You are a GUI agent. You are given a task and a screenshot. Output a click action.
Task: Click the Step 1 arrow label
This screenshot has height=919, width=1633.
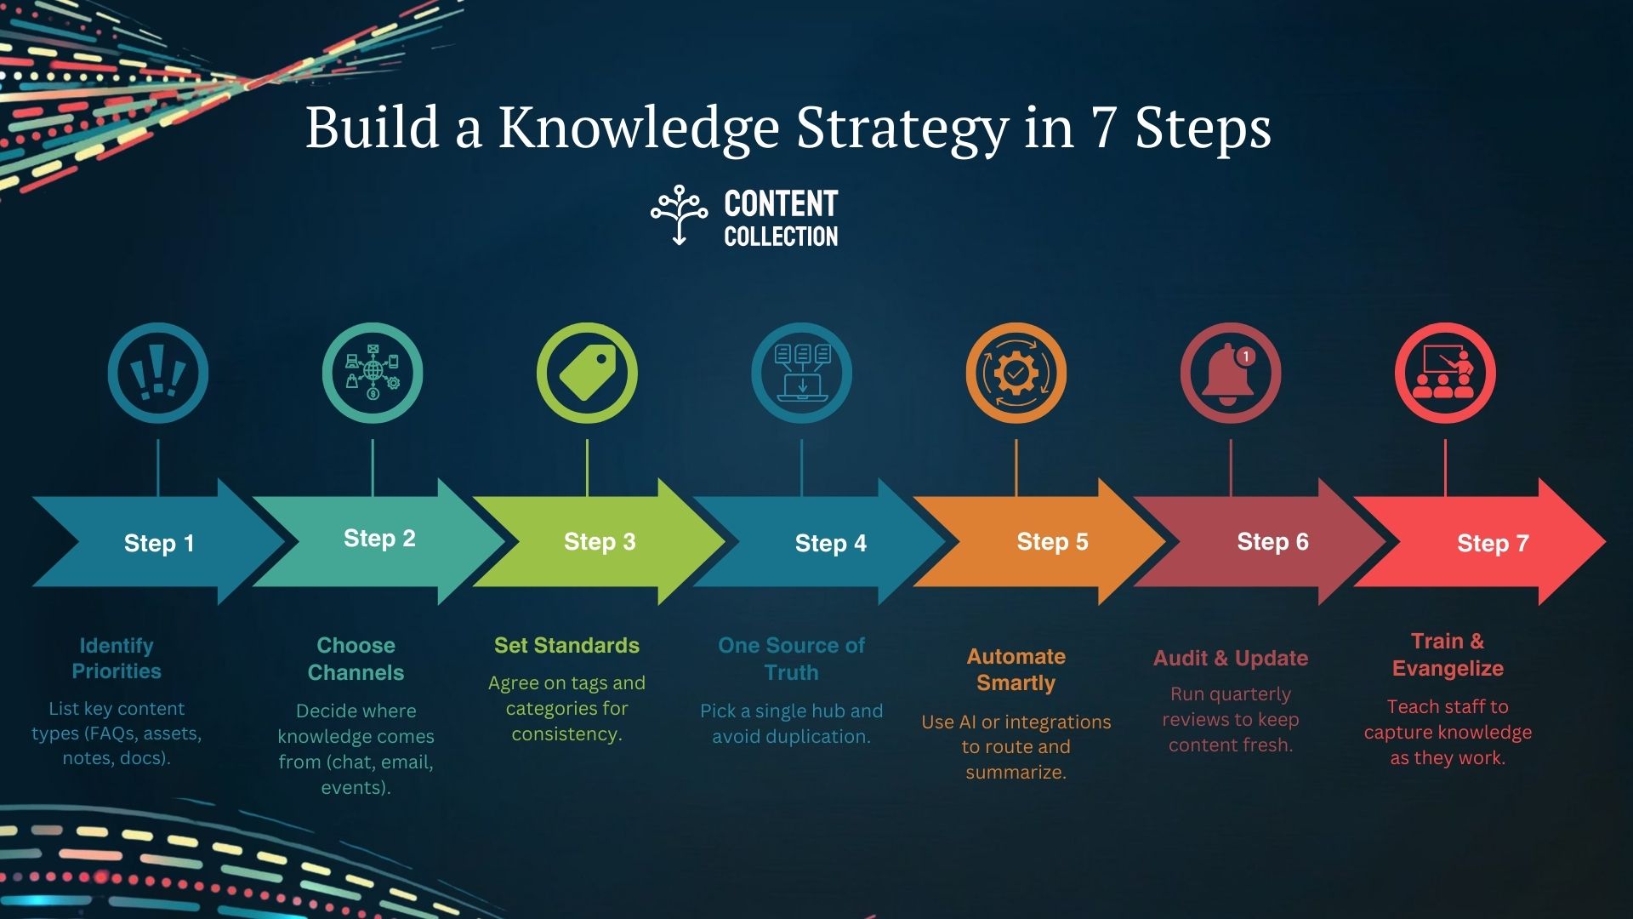[159, 543]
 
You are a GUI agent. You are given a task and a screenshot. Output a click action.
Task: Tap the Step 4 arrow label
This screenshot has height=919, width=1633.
[830, 543]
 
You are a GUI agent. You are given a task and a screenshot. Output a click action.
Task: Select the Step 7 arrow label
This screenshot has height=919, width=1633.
[1493, 543]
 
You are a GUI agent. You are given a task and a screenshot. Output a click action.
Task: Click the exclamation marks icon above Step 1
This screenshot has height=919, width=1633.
[158, 373]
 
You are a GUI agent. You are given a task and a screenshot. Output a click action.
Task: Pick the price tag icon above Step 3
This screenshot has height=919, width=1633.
[587, 373]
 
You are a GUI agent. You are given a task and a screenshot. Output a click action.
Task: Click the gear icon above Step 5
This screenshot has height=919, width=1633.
[1016, 373]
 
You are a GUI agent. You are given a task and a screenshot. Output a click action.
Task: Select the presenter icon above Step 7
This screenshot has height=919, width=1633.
[1445, 373]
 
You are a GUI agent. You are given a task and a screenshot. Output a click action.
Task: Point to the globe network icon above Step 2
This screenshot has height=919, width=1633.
[373, 373]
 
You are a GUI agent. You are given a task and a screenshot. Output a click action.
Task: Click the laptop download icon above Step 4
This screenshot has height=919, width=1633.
[801, 373]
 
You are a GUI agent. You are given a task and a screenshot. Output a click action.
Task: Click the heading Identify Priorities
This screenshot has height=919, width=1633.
[117, 658]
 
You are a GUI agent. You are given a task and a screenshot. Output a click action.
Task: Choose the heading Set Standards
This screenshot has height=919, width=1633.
[566, 645]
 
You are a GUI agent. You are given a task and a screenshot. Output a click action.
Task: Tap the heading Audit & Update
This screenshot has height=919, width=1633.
[1231, 658]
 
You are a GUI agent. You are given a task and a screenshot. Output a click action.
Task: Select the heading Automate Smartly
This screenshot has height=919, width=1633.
[1016, 670]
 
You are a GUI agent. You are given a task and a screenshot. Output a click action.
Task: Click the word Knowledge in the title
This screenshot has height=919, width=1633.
[639, 128]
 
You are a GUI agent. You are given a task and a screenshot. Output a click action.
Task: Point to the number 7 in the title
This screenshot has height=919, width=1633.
[1103, 128]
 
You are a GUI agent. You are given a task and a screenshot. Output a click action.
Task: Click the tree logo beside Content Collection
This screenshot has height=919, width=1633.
[679, 215]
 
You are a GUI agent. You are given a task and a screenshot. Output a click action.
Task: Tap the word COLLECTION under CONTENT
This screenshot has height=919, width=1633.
[781, 237]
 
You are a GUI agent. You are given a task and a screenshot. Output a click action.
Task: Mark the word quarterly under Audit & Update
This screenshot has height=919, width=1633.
[1249, 695]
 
